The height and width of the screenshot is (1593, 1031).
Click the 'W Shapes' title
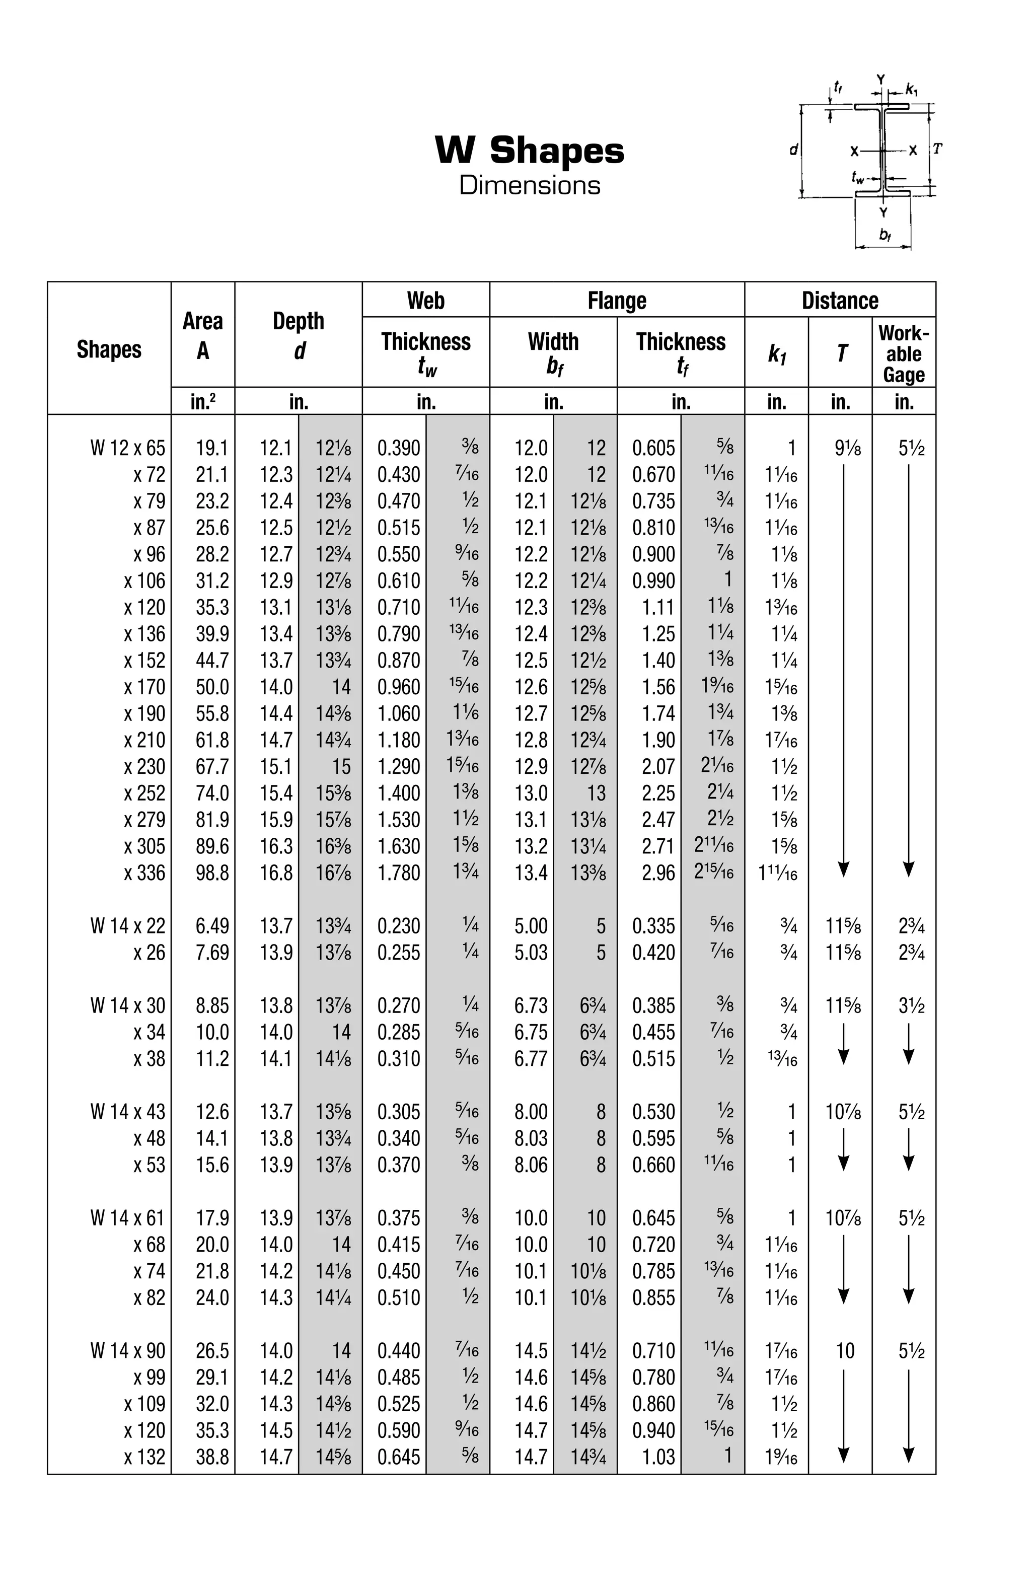tap(529, 151)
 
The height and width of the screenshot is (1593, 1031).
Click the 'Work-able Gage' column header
tap(903, 353)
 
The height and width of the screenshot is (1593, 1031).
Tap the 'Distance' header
tap(839, 301)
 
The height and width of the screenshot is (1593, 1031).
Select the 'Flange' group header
tap(616, 301)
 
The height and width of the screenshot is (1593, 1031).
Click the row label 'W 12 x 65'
tap(127, 448)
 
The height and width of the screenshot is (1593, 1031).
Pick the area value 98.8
tap(212, 873)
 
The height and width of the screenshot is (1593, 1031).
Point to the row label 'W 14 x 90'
tap(127, 1351)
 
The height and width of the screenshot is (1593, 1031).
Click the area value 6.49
tap(212, 926)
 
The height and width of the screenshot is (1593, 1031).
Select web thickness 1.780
tap(399, 873)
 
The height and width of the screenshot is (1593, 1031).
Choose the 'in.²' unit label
tap(203, 402)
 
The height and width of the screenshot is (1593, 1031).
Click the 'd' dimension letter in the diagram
tap(793, 150)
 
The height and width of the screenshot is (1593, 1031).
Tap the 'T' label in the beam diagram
tap(937, 149)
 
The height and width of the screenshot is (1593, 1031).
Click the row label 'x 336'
tap(144, 873)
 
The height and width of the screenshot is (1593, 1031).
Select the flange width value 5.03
tap(531, 953)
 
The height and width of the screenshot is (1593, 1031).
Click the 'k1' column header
tap(776, 353)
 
